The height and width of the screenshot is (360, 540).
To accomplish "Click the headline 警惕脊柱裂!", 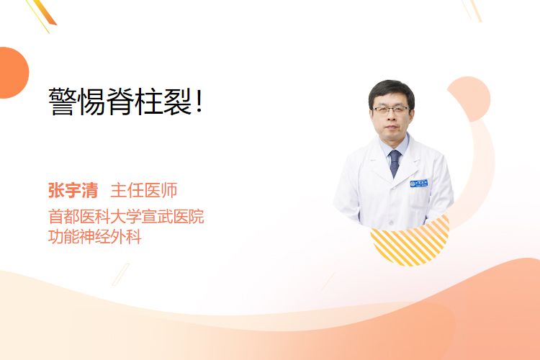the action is click(x=126, y=102).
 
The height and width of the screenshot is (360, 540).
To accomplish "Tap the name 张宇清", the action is click(x=73, y=190).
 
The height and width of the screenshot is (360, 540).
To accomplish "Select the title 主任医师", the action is click(x=144, y=190).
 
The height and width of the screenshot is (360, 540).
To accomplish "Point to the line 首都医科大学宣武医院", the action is click(x=126, y=216).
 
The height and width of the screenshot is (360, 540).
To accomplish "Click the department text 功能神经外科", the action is click(x=95, y=237).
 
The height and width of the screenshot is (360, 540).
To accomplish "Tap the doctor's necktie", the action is click(x=395, y=163).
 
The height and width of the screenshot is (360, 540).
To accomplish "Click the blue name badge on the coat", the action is click(x=419, y=183).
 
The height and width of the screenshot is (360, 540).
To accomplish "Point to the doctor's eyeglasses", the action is click(x=391, y=110).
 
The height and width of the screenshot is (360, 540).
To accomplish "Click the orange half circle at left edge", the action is click(x=13, y=73).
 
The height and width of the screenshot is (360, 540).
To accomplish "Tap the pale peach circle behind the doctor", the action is click(x=469, y=99).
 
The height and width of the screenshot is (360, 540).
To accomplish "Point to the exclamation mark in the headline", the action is click(x=199, y=102).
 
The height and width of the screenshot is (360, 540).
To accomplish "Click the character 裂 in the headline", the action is click(x=178, y=102).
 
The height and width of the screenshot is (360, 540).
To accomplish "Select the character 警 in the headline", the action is click(x=63, y=102).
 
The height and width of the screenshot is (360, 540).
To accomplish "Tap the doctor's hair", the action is click(x=391, y=90).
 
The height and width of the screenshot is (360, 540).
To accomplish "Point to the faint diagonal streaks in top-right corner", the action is click(x=472, y=10).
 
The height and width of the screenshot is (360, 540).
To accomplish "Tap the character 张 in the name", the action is click(x=56, y=190).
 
